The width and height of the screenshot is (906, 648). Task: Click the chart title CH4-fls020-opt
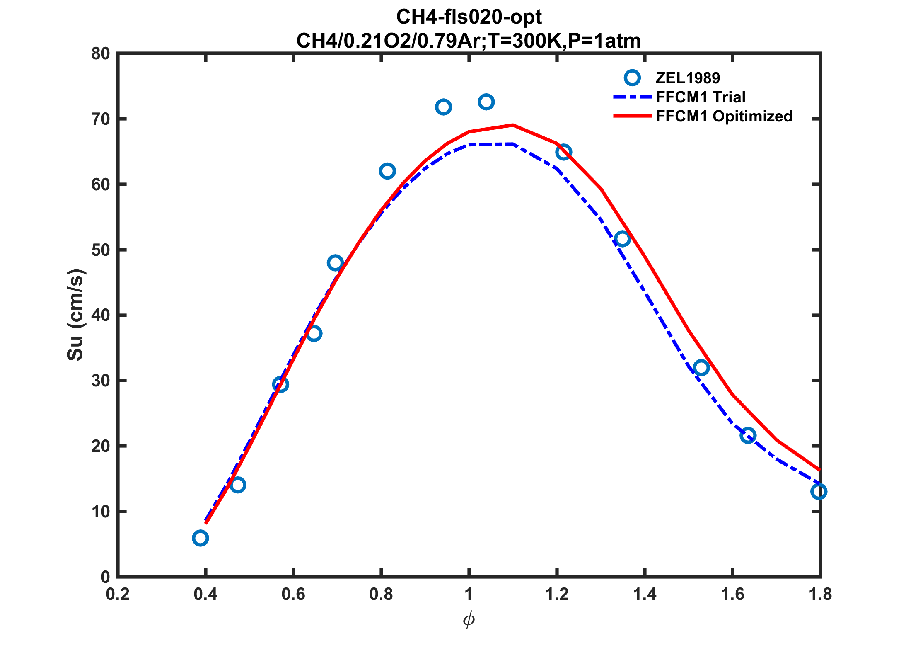[x=469, y=17]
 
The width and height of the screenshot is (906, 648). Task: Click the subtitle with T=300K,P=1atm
[x=469, y=41]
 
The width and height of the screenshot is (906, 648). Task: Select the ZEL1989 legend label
[x=688, y=78]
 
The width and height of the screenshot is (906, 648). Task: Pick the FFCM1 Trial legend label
[x=701, y=97]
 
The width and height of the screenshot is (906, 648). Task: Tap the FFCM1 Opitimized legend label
[x=724, y=116]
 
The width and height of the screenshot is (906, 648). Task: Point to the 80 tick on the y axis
[x=101, y=54]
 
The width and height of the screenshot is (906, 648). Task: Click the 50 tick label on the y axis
[x=101, y=250]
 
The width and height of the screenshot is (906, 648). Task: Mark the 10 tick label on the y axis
[x=101, y=512]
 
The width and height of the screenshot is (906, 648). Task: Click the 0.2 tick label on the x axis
[x=118, y=595]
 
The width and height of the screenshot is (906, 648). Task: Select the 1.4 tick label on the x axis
[x=645, y=595]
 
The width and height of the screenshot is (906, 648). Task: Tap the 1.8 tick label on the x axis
[x=820, y=595]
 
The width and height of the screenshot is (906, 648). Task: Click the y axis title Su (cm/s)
[x=75, y=315]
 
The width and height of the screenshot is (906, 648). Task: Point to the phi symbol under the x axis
[x=469, y=620]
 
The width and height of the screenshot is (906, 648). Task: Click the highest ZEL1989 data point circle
[x=486, y=102]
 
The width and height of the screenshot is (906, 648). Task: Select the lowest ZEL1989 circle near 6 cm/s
[x=200, y=538]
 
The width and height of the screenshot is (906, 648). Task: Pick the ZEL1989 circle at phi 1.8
[x=819, y=492]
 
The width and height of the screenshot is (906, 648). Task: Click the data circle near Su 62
[x=387, y=171]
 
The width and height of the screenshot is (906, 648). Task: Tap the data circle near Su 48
[x=335, y=263]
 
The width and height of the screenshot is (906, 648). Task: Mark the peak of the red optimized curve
[x=512, y=125]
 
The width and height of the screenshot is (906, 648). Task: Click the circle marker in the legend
[x=632, y=78]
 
